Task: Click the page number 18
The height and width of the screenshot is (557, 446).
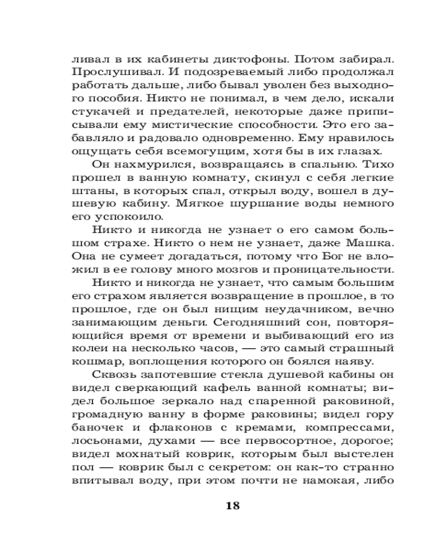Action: click(233, 506)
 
